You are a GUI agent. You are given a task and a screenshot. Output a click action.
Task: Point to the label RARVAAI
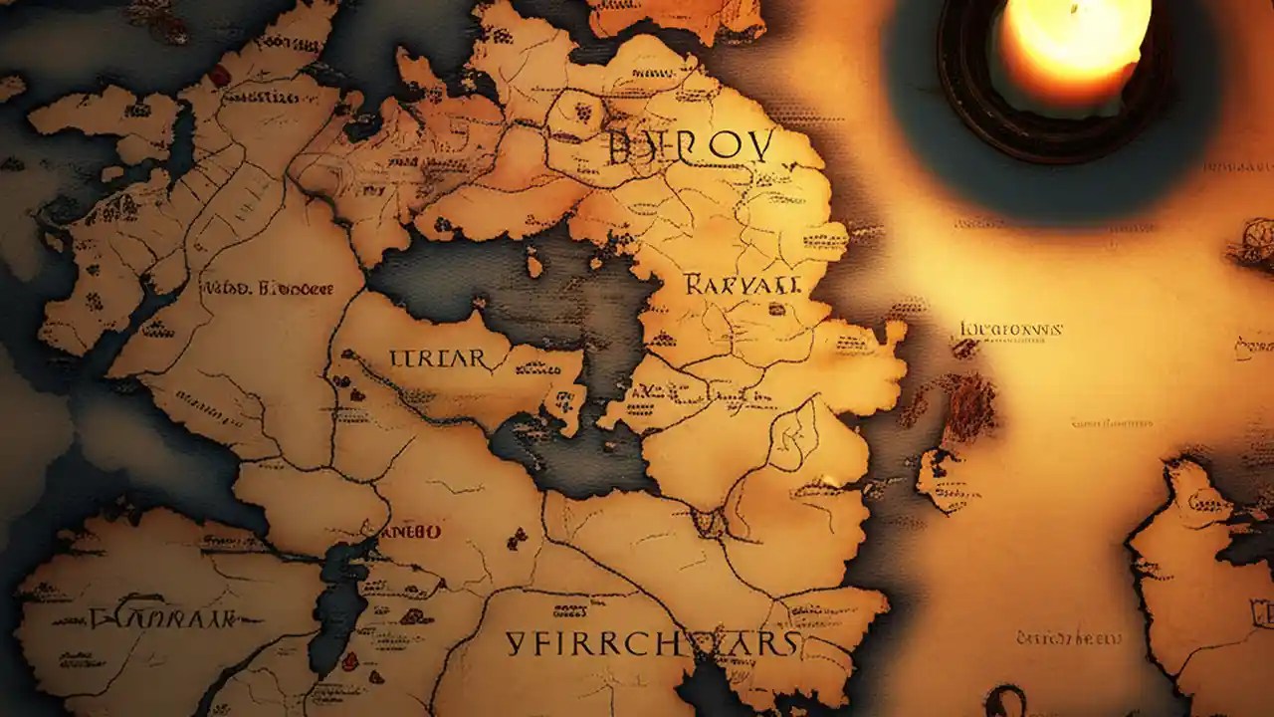(742, 285)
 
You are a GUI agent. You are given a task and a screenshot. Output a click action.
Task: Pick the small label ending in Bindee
(269, 289)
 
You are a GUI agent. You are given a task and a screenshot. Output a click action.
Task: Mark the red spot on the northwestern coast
(219, 76)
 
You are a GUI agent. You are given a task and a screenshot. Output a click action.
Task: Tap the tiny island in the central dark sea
(534, 267)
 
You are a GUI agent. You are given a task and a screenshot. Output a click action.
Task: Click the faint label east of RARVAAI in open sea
(1010, 329)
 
